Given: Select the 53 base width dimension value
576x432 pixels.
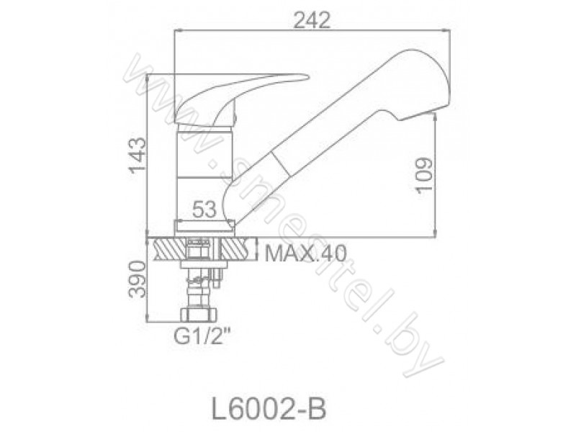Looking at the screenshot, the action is (204, 210).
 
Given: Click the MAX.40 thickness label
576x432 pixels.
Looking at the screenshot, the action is (305, 253).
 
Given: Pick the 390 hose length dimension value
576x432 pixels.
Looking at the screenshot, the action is (137, 279).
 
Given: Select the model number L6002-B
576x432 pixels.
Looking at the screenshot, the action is (269, 409).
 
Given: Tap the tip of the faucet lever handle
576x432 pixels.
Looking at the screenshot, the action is (308, 78).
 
